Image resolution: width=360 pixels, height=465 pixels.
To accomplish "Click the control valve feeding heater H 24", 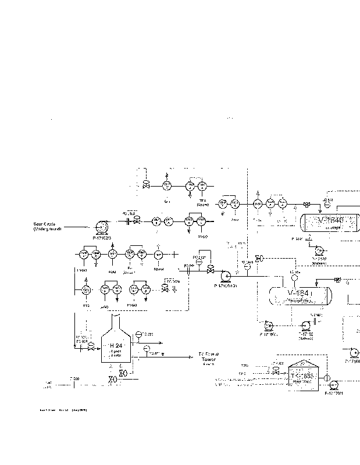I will tap(91, 347).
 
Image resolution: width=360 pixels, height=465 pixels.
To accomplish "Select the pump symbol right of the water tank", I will tap(327, 384).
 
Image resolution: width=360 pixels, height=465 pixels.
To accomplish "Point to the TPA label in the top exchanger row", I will tap(202, 201).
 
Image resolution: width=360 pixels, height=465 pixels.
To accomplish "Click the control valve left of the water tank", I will tap(276, 370).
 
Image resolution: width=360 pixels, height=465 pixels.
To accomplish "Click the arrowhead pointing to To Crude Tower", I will tap(191, 355).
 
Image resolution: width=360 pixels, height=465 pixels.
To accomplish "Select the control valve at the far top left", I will tap(146, 185).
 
